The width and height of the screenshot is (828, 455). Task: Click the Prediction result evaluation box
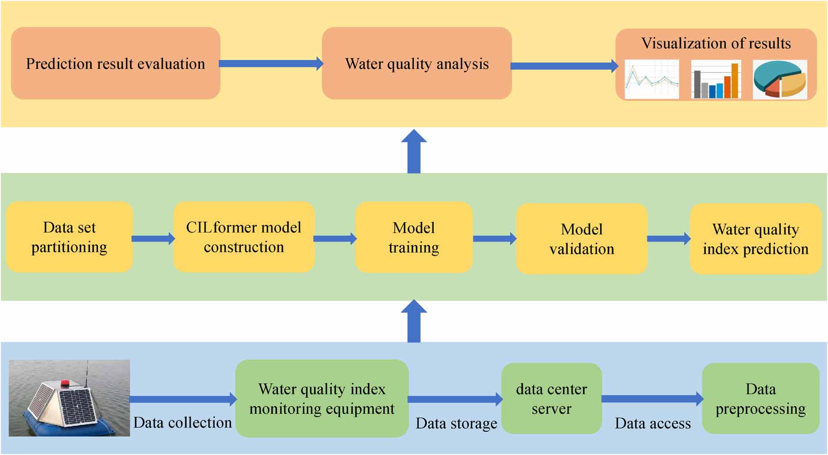[x=115, y=63]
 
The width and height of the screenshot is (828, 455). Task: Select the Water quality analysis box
[x=417, y=63]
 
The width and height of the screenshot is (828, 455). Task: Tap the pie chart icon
[x=780, y=79]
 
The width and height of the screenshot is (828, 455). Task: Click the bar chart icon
[x=716, y=80]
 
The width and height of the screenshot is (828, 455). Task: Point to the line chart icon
[x=652, y=79]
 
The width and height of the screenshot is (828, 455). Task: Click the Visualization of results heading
[x=716, y=43]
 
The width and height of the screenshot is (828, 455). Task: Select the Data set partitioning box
[x=69, y=237]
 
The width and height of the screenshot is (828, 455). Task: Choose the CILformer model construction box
[x=244, y=237]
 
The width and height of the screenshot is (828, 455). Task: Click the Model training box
[x=414, y=237]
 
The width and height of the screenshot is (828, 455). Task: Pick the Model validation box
[x=581, y=238]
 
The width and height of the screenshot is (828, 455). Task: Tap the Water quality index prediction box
[x=755, y=238]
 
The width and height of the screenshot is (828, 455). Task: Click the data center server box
[x=551, y=398]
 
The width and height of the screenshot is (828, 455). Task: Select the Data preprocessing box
[x=760, y=398]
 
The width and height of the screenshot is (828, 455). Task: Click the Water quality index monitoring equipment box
[x=322, y=398]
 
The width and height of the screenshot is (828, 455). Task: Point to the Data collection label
[x=182, y=422]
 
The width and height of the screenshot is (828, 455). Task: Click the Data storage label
[x=456, y=423]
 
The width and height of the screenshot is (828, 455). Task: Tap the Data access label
[x=653, y=423]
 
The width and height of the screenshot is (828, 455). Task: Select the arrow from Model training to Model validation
[x=495, y=238]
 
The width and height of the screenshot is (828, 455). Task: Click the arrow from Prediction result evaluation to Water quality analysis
[x=271, y=64]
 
